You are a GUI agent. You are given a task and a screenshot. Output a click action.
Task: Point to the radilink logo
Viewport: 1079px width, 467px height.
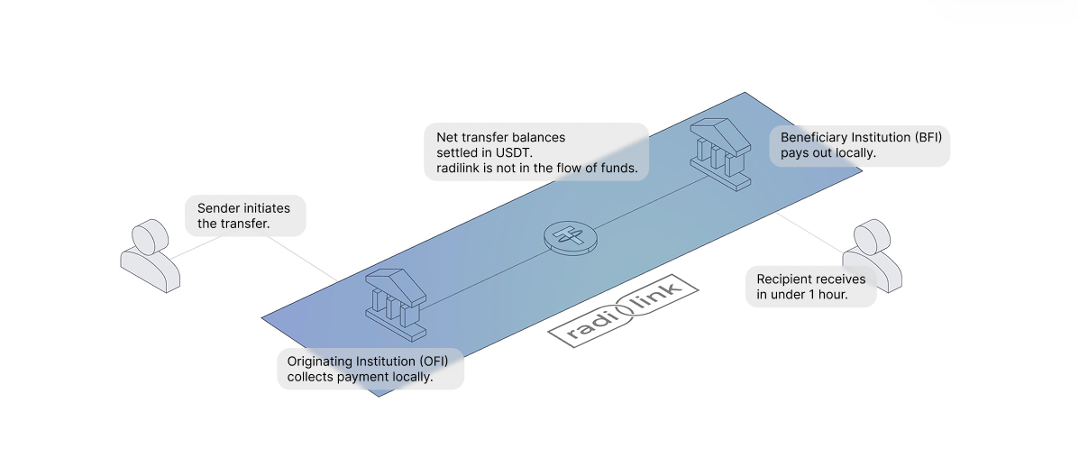click(x=624, y=311)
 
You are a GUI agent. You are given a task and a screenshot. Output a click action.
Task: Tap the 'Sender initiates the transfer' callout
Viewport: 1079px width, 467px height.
click(x=245, y=215)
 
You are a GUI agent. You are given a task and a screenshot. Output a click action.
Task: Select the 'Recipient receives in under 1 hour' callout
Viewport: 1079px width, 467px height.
click(x=810, y=286)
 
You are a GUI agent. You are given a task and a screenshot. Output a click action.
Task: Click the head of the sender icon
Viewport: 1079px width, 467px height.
click(x=150, y=238)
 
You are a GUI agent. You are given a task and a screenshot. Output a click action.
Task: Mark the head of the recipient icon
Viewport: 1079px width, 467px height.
click(x=871, y=236)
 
